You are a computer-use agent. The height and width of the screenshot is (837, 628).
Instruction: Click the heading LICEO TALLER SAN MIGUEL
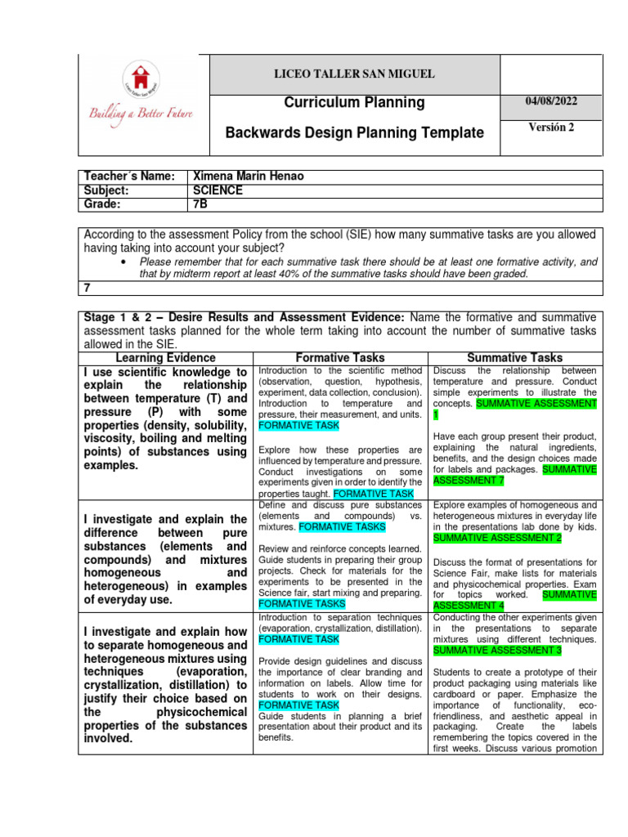point(354,74)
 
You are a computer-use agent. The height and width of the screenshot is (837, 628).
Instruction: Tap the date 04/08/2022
point(550,101)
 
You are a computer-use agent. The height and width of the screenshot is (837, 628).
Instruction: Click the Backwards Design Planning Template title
point(354,132)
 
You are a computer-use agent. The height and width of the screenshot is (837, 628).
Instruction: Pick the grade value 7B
point(198,204)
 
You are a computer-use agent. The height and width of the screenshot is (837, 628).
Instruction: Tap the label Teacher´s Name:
point(129,177)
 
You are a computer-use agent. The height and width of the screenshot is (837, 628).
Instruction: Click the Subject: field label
point(110,190)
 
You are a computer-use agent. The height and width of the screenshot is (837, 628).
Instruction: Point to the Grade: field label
point(106,204)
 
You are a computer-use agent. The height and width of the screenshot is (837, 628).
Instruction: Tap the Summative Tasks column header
point(514,358)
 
